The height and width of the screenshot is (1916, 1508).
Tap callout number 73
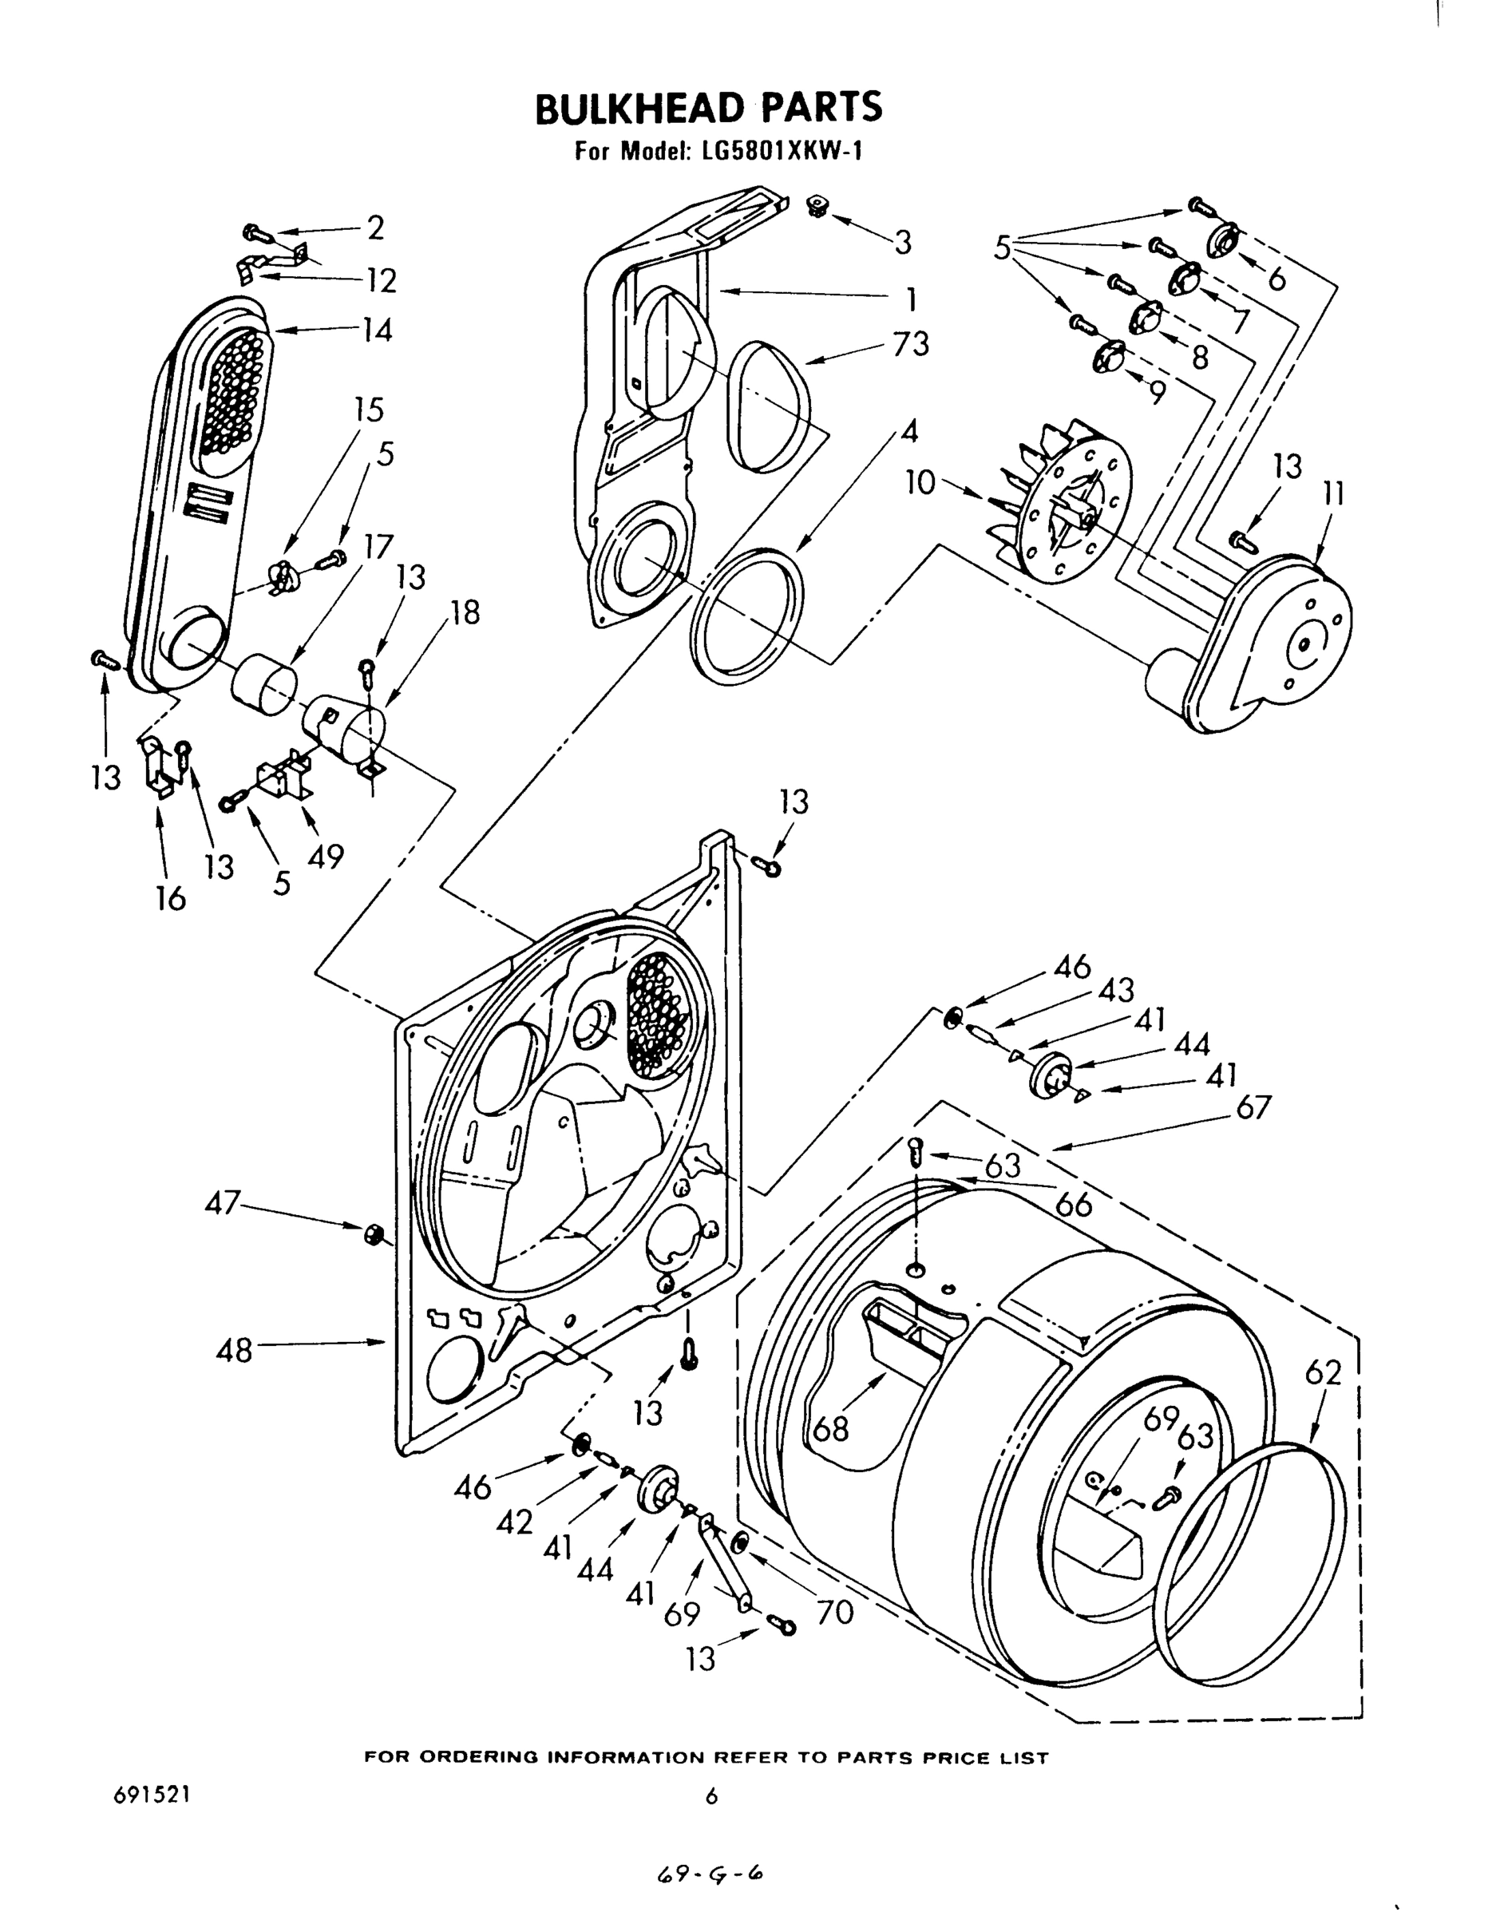[x=910, y=343]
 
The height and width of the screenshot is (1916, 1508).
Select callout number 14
[x=377, y=331]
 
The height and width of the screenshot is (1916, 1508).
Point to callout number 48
[x=234, y=1351]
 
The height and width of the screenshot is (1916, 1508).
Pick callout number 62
[x=1323, y=1372]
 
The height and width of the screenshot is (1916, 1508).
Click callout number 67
[x=1253, y=1106]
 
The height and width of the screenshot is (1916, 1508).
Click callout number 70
[x=834, y=1613]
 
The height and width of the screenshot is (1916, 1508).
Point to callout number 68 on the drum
[x=831, y=1427]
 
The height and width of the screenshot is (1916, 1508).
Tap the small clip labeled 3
[x=818, y=208]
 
